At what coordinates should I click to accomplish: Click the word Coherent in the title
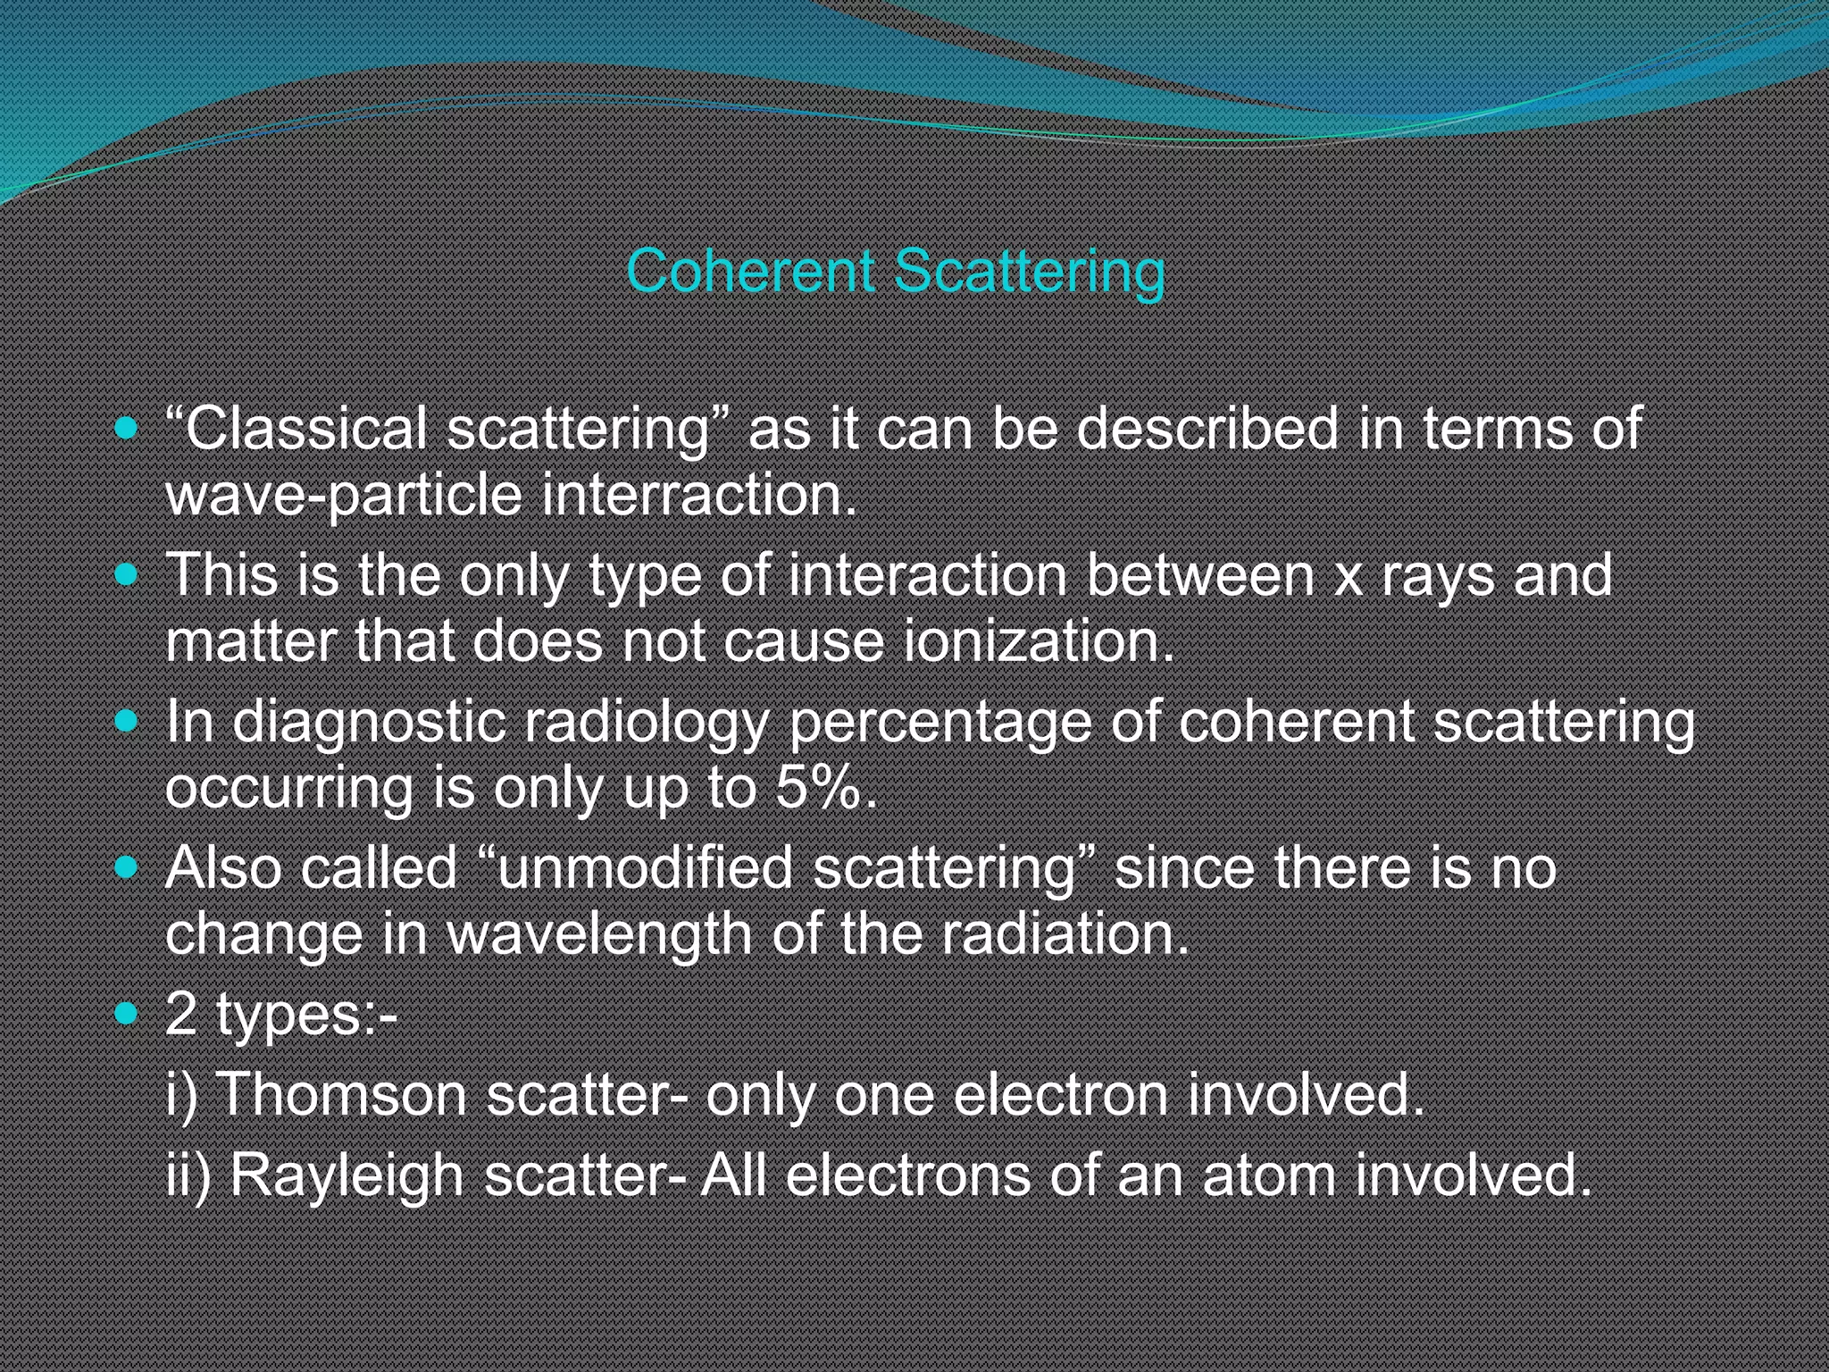click(750, 271)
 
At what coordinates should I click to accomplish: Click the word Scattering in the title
click(1029, 271)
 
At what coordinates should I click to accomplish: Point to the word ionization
click(1039, 641)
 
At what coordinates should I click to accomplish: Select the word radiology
click(645, 722)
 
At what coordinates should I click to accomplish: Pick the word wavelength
click(598, 934)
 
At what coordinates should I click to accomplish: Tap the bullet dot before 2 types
click(127, 1013)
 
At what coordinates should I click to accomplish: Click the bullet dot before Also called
click(127, 866)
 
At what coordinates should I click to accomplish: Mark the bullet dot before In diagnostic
click(127, 720)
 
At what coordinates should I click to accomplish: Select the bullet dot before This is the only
click(127, 573)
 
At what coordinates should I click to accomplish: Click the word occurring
click(288, 790)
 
